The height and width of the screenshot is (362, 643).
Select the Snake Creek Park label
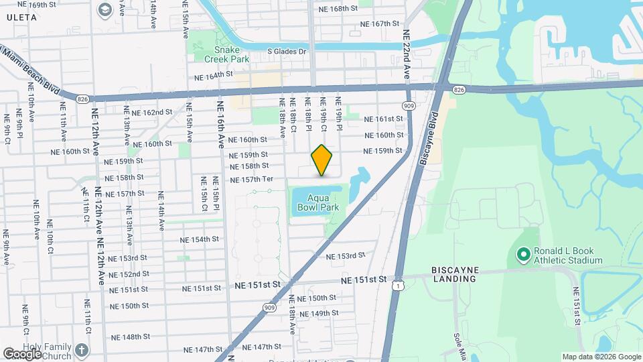tap(231, 54)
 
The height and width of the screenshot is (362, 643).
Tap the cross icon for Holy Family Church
tap(81, 350)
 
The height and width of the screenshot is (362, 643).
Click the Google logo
tap(23, 353)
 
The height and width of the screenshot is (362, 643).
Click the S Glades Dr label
tap(287, 51)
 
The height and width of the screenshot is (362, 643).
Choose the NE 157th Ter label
tap(252, 180)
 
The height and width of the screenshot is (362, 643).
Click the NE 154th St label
tap(200, 239)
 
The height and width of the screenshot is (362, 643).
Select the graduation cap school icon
tap(105, 9)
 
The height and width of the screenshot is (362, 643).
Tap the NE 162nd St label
tap(152, 112)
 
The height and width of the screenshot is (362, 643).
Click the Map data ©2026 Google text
tap(600, 357)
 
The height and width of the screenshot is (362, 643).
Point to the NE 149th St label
tap(324, 313)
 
